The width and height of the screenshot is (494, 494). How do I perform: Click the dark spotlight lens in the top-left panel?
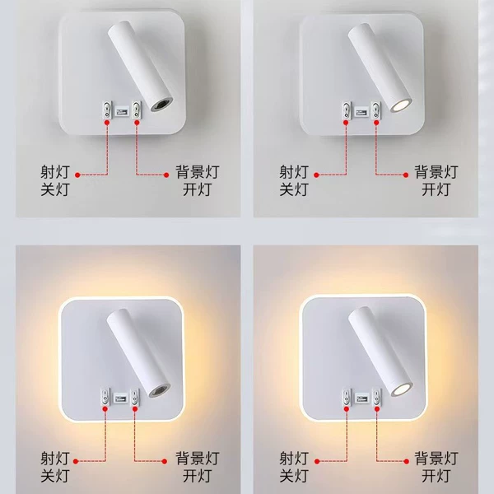pyautogui.click(x=162, y=105)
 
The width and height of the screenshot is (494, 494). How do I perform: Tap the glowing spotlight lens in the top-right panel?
pyautogui.click(x=401, y=105)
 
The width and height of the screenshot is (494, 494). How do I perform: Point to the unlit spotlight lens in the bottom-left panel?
pyautogui.click(x=160, y=390)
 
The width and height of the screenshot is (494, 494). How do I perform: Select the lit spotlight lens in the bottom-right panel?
pyautogui.click(x=402, y=389)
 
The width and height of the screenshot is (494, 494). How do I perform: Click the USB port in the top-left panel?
pyautogui.click(x=122, y=111)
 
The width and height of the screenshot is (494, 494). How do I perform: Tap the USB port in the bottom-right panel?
pyautogui.click(x=361, y=398)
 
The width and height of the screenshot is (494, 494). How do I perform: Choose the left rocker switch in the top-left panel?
pyautogui.click(x=107, y=110)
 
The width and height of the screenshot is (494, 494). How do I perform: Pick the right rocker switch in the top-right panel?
pyautogui.click(x=375, y=110)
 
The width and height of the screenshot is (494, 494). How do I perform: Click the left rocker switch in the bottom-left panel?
pyautogui.click(x=105, y=397)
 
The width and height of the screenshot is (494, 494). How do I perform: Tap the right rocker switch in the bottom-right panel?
pyautogui.click(x=376, y=397)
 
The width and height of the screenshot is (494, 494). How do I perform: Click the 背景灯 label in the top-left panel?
pyautogui.click(x=198, y=172)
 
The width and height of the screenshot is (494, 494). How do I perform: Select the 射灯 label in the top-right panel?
pyautogui.click(x=294, y=172)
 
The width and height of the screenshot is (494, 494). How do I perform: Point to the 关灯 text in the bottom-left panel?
pyautogui.click(x=54, y=475)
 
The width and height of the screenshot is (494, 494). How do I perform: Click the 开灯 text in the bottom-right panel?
pyautogui.click(x=436, y=475)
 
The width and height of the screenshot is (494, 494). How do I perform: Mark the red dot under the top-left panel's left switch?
pyautogui.click(x=107, y=123)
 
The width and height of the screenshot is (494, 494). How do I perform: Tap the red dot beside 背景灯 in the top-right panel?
pyautogui.click(x=406, y=175)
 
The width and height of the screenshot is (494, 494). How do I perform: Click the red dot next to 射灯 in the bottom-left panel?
pyautogui.click(x=76, y=461)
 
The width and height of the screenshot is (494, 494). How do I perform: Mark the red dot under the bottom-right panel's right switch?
pyautogui.click(x=377, y=409)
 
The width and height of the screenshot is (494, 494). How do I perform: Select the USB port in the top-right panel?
pyautogui.click(x=361, y=111)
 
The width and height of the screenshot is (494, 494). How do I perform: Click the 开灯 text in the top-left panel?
pyautogui.click(x=197, y=189)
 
